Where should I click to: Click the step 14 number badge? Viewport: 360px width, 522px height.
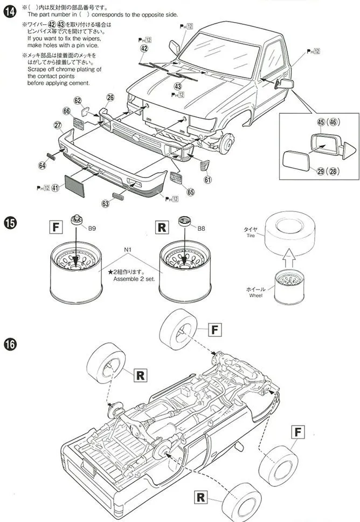pos(9,11)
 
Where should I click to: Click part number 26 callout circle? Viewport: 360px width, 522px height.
pos(110,98)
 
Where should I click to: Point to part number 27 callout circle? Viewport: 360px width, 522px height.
pos(58,125)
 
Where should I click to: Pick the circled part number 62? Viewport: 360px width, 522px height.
pos(78,101)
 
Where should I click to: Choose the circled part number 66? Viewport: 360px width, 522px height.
pos(66,111)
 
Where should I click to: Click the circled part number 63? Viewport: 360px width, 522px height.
pos(105,203)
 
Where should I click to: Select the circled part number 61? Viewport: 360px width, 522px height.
pos(208,180)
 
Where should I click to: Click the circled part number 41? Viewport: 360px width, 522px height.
pos(55,188)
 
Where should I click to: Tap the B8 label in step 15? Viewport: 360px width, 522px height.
pos(201,228)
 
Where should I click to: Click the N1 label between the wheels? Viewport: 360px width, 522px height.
pos(128,250)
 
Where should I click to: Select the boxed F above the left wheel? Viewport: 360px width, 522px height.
pos(55,227)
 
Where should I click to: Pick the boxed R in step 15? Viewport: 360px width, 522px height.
pos(161,227)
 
